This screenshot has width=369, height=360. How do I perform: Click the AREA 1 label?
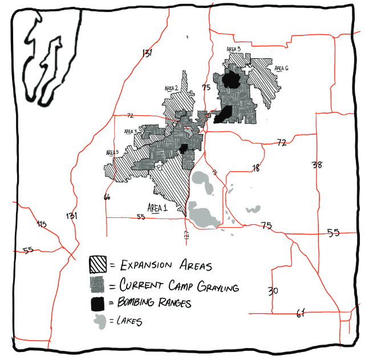click(x=157, y=208)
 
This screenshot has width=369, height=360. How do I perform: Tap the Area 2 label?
click(x=172, y=88)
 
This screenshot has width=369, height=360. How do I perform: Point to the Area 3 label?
click(x=234, y=50)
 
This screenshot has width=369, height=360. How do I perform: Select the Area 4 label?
click(x=131, y=131)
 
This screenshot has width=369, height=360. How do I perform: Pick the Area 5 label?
click(x=112, y=152)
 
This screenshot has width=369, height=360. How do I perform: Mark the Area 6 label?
click(x=281, y=68)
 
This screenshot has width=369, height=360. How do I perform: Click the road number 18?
click(x=256, y=168)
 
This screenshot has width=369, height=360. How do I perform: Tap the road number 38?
click(x=317, y=165)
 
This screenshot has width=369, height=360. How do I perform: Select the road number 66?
click(x=106, y=197)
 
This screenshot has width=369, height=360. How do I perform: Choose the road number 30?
click(x=273, y=291)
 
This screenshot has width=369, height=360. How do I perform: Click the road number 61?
click(x=301, y=313)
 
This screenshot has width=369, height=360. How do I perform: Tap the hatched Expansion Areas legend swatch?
click(x=97, y=264)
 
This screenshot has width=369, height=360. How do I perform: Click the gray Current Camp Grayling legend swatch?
click(x=97, y=284)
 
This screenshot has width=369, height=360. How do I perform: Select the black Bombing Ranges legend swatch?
click(x=98, y=303)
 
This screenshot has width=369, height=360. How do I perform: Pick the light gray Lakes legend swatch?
click(x=99, y=321)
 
